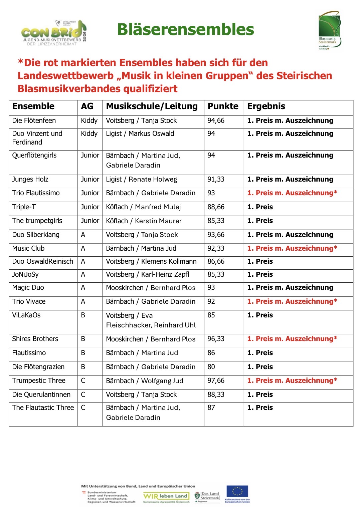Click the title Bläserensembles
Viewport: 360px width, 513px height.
[x=185, y=29]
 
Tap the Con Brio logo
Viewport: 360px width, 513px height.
[x=54, y=33]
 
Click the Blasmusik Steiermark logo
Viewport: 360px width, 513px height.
[x=329, y=31]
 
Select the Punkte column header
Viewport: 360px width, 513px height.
[x=223, y=106]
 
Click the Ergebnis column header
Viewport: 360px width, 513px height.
[x=266, y=106]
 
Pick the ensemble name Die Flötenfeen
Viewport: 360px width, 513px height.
[x=34, y=120]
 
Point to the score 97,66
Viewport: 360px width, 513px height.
[x=216, y=381]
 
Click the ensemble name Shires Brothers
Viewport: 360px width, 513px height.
[x=35, y=339]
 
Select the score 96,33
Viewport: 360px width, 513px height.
[x=216, y=339]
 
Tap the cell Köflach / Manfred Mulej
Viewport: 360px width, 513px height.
[x=143, y=207]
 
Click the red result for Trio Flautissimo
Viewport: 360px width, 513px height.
[x=292, y=193]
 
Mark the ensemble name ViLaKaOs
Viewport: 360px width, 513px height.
[x=26, y=315]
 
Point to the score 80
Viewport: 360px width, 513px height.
[x=211, y=367]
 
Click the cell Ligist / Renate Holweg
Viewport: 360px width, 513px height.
[x=141, y=180]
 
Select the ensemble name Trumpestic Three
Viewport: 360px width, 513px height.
[x=39, y=381]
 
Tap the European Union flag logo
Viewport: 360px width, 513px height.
[x=237, y=492]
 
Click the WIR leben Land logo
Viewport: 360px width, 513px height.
[x=166, y=496]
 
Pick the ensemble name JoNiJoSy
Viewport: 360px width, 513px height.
[x=25, y=275]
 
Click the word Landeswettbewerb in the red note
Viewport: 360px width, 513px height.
[x=65, y=76]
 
